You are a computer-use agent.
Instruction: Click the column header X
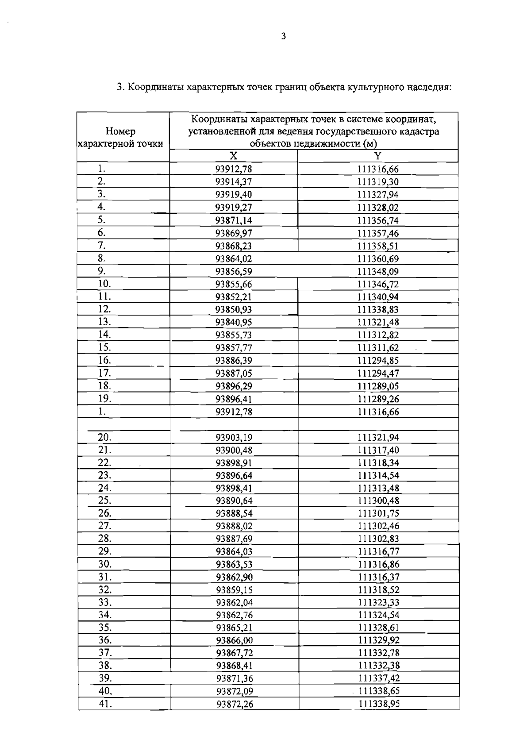pyautogui.click(x=234, y=156)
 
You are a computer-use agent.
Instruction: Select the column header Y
pyautogui.click(x=378, y=156)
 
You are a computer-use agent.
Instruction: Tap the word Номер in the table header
pyautogui.click(x=121, y=131)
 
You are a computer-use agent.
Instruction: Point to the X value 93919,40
pyautogui.click(x=234, y=195)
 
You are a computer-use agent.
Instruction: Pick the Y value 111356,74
pyautogui.click(x=378, y=220)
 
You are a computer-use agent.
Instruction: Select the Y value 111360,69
pyautogui.click(x=378, y=259)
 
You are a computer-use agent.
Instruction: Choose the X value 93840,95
pyautogui.click(x=234, y=323)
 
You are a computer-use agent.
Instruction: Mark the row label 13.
pyautogui.click(x=104, y=322)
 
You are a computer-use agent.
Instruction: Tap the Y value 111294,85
pyautogui.click(x=378, y=361)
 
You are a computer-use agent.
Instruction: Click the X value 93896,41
pyautogui.click(x=234, y=399)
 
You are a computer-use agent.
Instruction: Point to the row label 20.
pyautogui.click(x=104, y=437)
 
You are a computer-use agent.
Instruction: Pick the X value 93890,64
pyautogui.click(x=234, y=501)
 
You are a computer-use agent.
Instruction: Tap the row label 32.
pyautogui.click(x=105, y=589)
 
